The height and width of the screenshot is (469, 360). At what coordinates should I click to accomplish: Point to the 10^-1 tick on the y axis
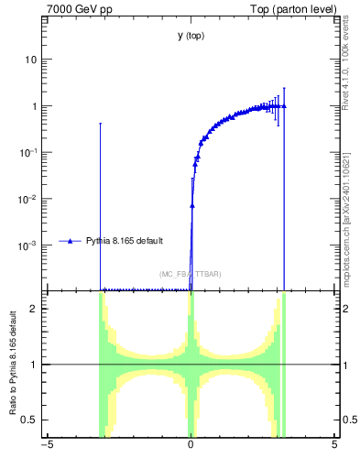pyautogui.click(x=30, y=152)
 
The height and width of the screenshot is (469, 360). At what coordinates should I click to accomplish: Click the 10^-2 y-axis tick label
pyautogui.click(x=30, y=199)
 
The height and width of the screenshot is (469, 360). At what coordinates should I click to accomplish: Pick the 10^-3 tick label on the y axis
pyautogui.click(x=30, y=245)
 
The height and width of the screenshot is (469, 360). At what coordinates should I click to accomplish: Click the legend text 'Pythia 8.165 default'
pyautogui.click(x=125, y=241)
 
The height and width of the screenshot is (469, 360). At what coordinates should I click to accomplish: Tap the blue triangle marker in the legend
pyautogui.click(x=70, y=241)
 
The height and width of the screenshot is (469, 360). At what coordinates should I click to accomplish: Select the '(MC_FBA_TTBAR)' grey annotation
pyautogui.click(x=191, y=274)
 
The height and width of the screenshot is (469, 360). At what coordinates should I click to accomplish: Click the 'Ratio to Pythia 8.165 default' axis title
pyautogui.click(x=14, y=365)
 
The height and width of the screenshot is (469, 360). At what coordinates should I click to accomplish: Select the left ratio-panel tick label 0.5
pyautogui.click(x=32, y=420)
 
